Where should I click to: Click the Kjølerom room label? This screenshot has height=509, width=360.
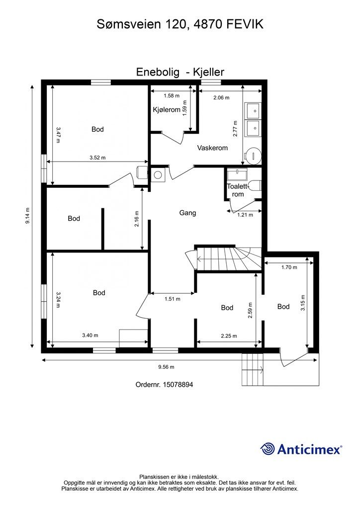[167, 110]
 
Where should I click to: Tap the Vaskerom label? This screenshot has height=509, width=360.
[212, 148]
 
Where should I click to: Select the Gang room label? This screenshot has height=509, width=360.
[187, 213]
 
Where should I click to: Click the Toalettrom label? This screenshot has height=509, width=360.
[237, 190]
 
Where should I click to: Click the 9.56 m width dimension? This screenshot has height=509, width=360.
[166, 367]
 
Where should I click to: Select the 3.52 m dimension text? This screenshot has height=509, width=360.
[97, 158]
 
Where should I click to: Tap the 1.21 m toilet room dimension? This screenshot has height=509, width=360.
[245, 215]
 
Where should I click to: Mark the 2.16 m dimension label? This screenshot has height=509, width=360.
[137, 219]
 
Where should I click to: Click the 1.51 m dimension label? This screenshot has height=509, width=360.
[173, 299]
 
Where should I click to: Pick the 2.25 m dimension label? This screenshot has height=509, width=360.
[229, 336]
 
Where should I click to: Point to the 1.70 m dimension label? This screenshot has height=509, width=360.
[289, 267]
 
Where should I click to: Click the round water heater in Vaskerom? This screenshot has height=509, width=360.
[253, 155]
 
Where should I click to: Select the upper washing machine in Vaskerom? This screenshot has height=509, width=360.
[253, 111]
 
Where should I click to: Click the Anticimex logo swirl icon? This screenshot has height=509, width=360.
[268, 449]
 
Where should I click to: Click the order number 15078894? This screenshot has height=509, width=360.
[178, 385]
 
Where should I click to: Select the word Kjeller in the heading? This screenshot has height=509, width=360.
[208, 72]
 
